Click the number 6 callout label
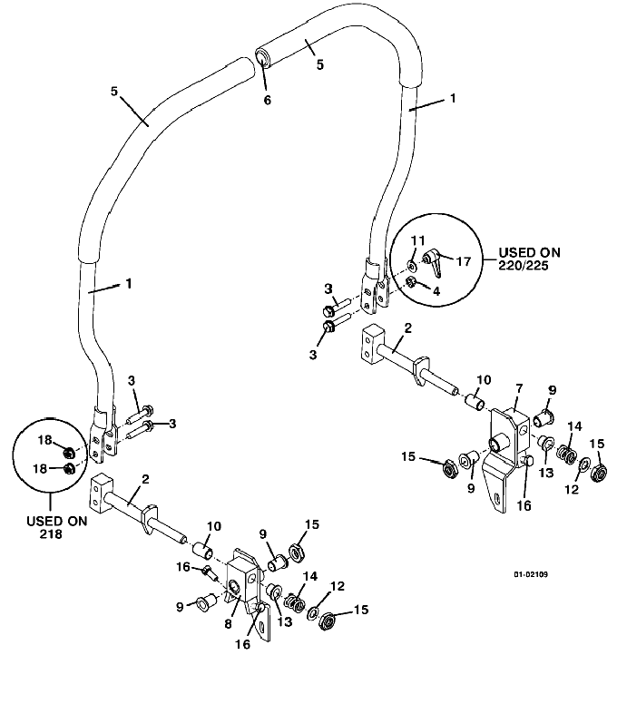267,100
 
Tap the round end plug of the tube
262,58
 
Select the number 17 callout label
464,261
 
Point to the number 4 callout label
436,291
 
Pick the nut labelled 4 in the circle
410,282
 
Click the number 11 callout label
417,240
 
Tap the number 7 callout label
519,389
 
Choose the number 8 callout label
228,623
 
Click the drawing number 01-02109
531,574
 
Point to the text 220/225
524,266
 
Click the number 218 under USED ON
51,533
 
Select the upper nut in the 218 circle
69,452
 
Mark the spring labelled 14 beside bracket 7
567,455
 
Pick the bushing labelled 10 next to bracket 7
475,400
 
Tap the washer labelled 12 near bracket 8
312,613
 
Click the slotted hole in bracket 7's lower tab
497,498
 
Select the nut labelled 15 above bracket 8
296,552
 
